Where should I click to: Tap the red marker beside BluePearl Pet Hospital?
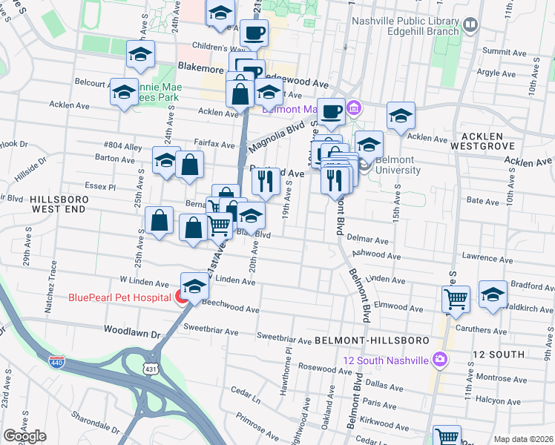point(180,298)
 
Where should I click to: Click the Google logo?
point(24,436)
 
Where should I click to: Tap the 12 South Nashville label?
point(386,360)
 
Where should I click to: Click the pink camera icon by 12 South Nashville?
point(441,360)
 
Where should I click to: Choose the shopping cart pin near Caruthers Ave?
point(456,299)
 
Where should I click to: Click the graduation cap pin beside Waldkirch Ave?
point(493,294)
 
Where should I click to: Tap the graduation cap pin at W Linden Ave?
point(194,286)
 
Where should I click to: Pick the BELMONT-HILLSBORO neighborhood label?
point(372,340)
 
